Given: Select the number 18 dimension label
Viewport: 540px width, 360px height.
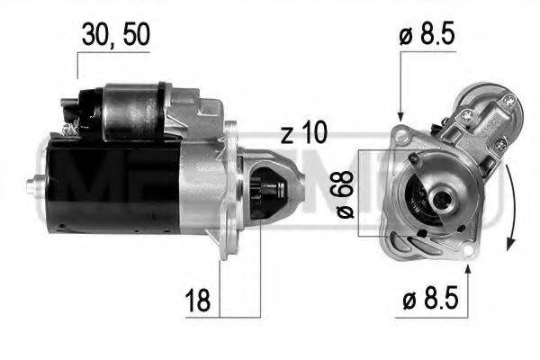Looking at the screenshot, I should click(197, 301).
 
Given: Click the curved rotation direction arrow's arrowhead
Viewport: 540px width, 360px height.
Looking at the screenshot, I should click(511, 241).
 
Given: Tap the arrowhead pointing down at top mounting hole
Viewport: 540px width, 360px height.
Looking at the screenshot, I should click(400, 116).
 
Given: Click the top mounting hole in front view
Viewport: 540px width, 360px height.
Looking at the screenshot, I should click(400, 132).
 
